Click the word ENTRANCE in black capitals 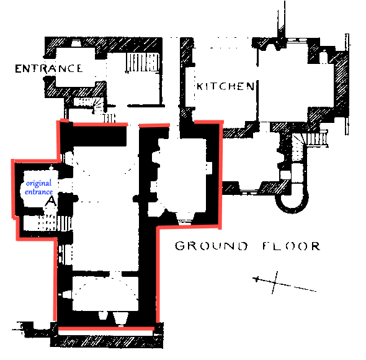49,68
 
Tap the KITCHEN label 225,86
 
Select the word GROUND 212,246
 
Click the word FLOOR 292,246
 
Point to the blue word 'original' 38,183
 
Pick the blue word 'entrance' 38,192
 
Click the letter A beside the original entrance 51,201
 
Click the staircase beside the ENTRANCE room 142,62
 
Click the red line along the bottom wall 106,329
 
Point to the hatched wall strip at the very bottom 107,342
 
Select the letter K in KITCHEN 200,86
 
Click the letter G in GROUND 180,246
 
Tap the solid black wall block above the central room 94,135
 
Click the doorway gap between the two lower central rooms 115,274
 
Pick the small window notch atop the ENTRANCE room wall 75,43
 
